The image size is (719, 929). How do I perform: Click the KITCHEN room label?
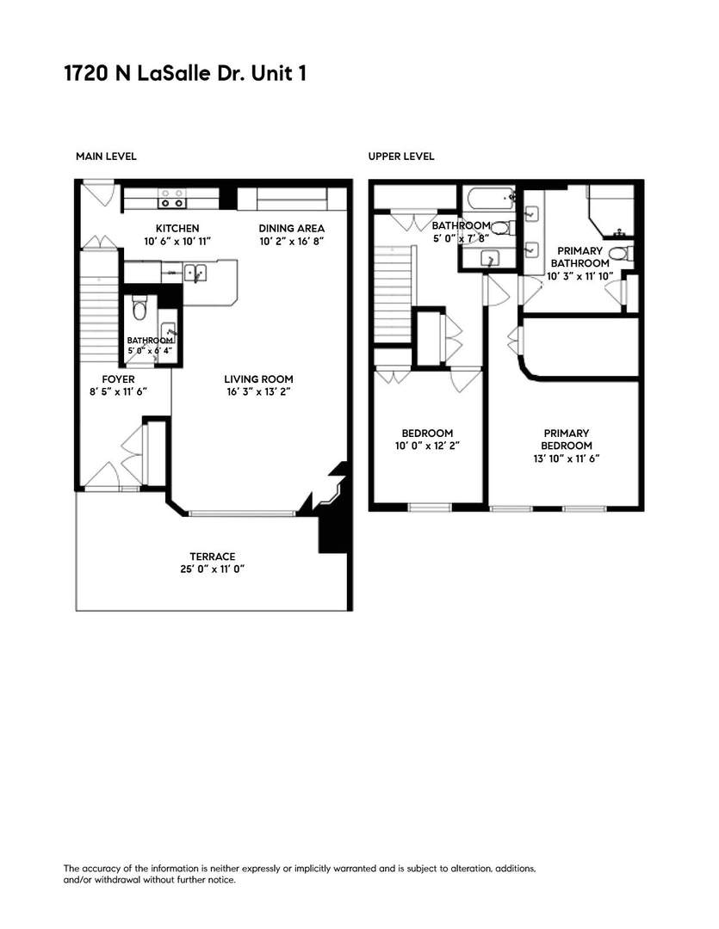177,228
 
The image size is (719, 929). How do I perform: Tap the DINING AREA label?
292,228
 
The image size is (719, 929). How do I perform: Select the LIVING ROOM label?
258,379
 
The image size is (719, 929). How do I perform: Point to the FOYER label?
118,379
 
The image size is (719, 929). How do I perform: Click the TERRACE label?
212,557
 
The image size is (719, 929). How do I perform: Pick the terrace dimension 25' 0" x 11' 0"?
212,569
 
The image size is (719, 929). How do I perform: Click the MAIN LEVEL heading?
106,157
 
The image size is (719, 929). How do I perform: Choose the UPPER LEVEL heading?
400,157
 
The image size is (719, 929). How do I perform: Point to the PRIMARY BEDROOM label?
567,439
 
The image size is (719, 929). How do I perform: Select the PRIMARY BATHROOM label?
580,256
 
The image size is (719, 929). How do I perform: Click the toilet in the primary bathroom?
628,253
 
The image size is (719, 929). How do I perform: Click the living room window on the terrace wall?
243,514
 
